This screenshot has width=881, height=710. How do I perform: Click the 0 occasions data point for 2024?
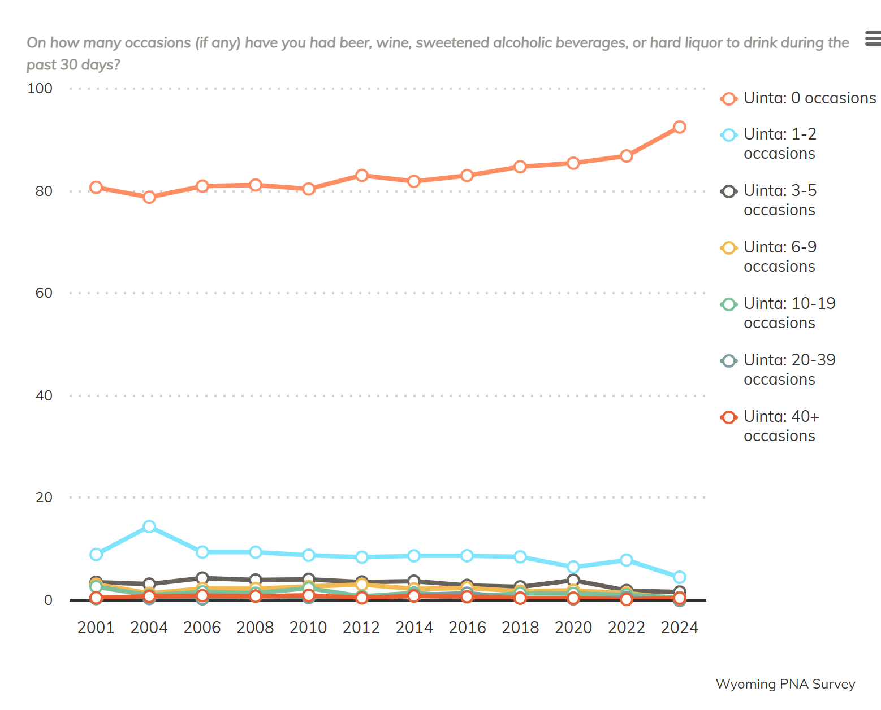tap(679, 127)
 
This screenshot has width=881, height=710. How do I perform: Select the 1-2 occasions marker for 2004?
tap(149, 526)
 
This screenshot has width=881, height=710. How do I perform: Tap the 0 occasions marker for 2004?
tap(149, 197)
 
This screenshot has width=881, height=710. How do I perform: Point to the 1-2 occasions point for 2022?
tap(626, 560)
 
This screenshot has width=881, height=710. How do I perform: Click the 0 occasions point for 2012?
tap(362, 176)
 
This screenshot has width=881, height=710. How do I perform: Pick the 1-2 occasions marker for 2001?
tap(96, 554)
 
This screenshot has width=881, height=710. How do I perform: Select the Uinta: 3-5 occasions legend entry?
tap(780, 200)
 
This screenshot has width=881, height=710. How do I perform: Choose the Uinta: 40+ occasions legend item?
tap(781, 426)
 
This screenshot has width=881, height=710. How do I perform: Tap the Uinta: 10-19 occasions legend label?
tap(789, 313)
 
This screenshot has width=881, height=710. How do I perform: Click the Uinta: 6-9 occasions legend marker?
tap(729, 248)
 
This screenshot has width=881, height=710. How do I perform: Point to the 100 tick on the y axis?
tap(40, 89)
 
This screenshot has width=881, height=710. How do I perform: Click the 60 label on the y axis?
tap(44, 293)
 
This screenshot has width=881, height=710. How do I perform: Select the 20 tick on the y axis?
tap(44, 498)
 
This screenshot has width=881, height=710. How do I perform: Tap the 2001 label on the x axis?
tap(96, 628)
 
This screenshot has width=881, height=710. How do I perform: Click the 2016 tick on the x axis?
tap(467, 628)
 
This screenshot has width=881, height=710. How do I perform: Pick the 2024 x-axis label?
tap(679, 628)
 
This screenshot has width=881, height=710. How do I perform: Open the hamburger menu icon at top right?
tap(873, 39)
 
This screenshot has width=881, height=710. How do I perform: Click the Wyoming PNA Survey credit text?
tap(785, 684)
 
